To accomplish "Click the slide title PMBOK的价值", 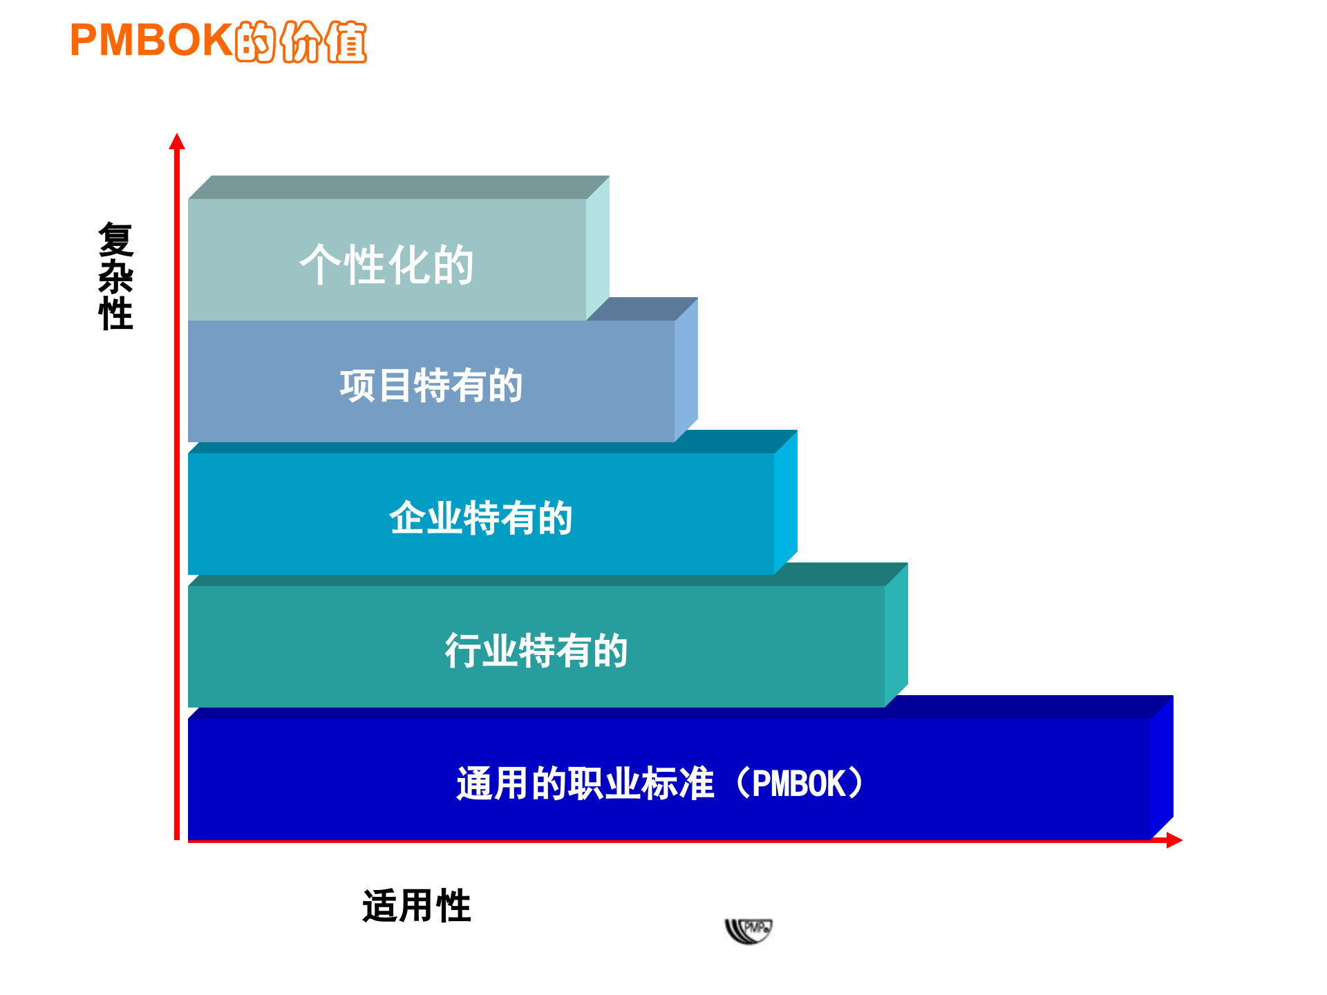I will [x=218, y=41].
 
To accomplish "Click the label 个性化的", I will [x=387, y=265].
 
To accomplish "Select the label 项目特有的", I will [x=431, y=385].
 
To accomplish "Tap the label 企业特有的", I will [x=481, y=518].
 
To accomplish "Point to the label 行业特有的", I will [x=536, y=650].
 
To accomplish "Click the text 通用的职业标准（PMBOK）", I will [x=660, y=784].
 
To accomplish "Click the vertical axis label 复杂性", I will [x=115, y=276].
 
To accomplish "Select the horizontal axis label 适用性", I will [x=417, y=906].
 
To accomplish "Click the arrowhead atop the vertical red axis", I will [x=177, y=142].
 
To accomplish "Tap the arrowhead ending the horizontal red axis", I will [x=1174, y=840].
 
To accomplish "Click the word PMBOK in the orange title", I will [x=151, y=40].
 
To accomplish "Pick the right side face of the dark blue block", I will [x=1162, y=767].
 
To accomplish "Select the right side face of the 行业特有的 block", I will [x=896, y=634].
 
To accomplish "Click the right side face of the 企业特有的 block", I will [x=786, y=502].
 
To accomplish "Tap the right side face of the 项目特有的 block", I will [x=686, y=369].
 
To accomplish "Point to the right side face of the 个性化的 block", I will [x=598, y=247].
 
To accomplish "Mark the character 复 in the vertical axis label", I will [x=115, y=239].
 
